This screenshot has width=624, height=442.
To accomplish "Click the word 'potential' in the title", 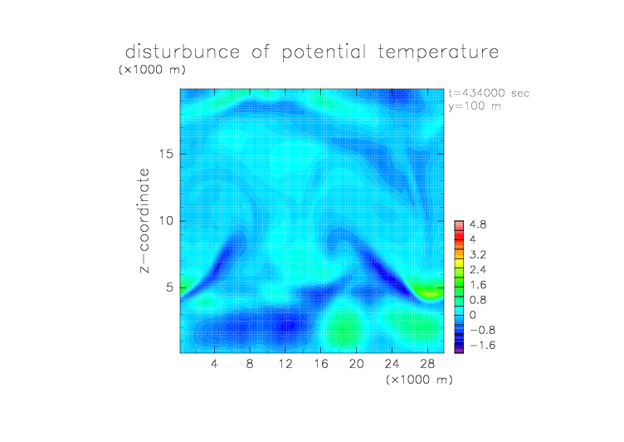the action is [x=324, y=52].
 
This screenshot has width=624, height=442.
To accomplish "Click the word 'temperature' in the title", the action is [x=438, y=52].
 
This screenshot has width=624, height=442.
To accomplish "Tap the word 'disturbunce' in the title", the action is [x=183, y=52].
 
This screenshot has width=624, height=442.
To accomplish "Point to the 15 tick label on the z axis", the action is [x=166, y=154].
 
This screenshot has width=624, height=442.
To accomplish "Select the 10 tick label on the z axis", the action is [x=166, y=221].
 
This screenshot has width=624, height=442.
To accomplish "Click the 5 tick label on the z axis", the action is [x=170, y=287].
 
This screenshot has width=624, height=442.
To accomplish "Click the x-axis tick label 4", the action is [x=214, y=363].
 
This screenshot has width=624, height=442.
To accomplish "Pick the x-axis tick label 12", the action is [x=285, y=363].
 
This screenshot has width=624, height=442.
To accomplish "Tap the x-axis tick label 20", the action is [x=356, y=363].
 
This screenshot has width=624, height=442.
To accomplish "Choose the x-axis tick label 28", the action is [x=427, y=363].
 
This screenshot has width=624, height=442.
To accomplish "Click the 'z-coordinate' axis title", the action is [x=144, y=220].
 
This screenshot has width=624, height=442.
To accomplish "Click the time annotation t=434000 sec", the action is [x=489, y=93].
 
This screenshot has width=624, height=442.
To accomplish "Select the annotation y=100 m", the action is [x=475, y=106].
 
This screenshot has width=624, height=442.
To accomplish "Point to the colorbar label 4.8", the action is [x=478, y=224].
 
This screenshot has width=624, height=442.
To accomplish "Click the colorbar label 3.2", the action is [x=478, y=255].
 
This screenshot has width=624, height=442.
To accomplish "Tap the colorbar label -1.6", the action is [x=482, y=345].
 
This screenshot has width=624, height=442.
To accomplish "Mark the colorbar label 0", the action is [x=473, y=315].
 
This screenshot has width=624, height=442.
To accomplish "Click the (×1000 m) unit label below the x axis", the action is [x=419, y=380].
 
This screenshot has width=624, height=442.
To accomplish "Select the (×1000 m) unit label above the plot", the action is [x=152, y=69].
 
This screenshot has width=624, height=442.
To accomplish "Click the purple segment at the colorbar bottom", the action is [x=459, y=349].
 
